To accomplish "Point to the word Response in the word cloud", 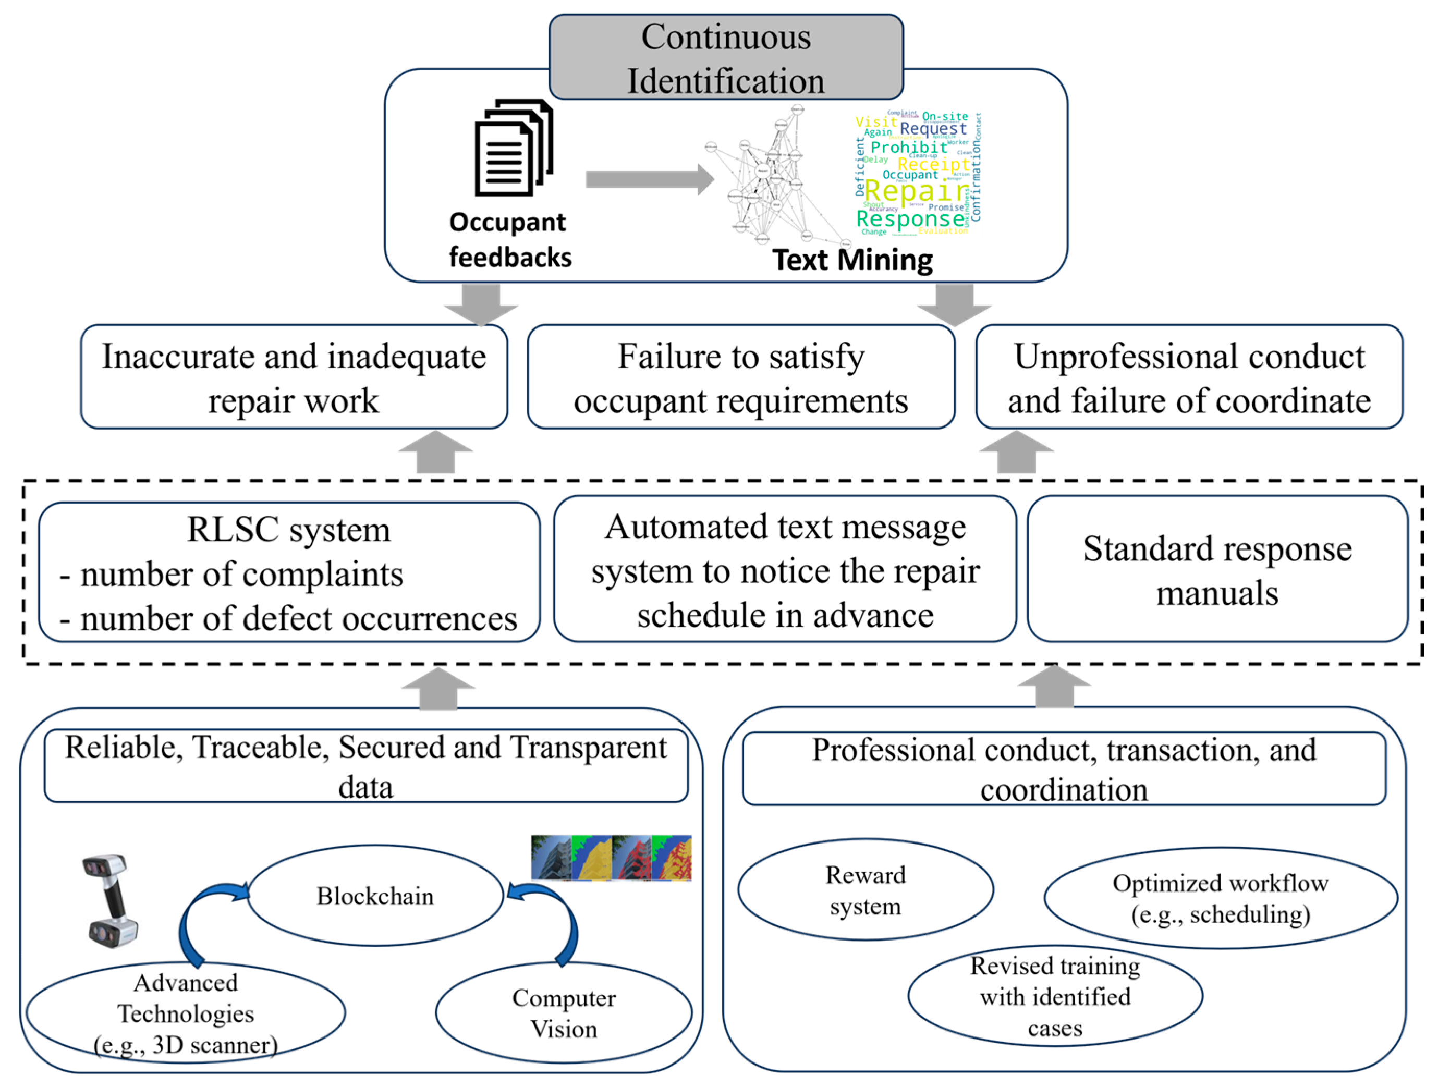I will pyautogui.click(x=910, y=219).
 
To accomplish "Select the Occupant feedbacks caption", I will pyautogui.click(x=510, y=239).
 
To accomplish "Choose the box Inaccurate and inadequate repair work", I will pyautogui.click(x=294, y=377).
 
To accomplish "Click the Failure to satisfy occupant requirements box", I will pyautogui.click(x=740, y=377).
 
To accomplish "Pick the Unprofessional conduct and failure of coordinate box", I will pyautogui.click(x=1188, y=377).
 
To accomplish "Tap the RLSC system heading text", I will pyautogui.click(x=289, y=530).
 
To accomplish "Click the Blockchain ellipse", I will pyautogui.click(x=375, y=896).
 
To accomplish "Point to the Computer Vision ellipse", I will pyautogui.click(x=563, y=1013).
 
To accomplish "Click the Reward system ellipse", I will pyautogui.click(x=866, y=890).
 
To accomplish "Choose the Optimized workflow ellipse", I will pyautogui.click(x=1220, y=898).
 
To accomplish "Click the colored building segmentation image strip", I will pyautogui.click(x=611, y=858).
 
